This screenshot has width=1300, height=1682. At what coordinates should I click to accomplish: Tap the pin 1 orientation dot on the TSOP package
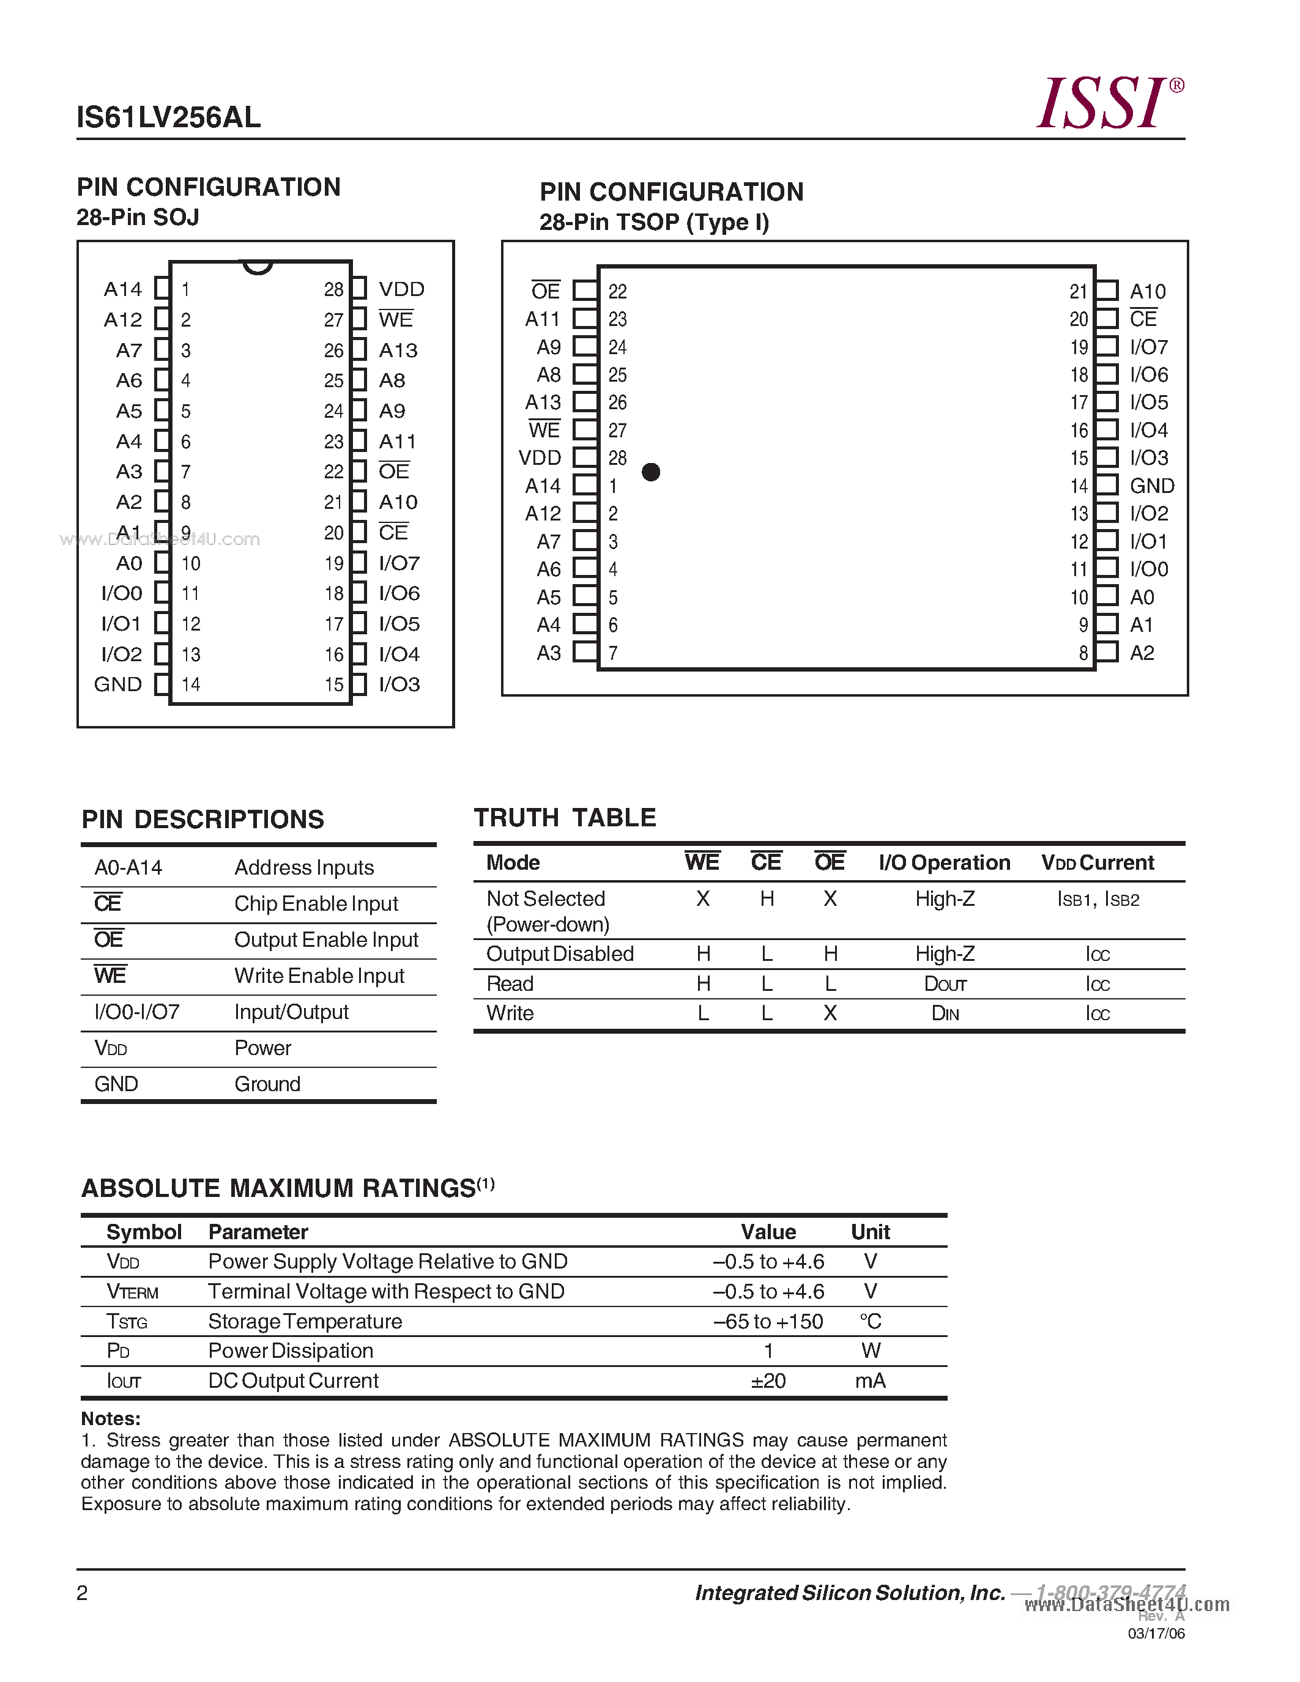(x=651, y=472)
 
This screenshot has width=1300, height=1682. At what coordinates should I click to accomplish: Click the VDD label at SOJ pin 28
(x=401, y=289)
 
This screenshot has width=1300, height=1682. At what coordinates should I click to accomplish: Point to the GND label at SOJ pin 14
(x=118, y=684)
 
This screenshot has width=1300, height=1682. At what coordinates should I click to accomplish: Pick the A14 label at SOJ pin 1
(x=122, y=289)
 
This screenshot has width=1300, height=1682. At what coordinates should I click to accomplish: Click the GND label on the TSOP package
(x=1151, y=486)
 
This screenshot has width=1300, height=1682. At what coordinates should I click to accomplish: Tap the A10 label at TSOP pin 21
(x=1148, y=292)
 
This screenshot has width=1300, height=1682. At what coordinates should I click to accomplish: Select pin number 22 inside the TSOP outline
(x=618, y=292)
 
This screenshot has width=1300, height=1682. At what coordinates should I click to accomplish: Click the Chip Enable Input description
(x=316, y=903)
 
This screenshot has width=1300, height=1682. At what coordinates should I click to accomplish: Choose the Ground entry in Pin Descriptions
(x=267, y=1084)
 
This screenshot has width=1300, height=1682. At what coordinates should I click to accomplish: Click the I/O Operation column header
(x=944, y=862)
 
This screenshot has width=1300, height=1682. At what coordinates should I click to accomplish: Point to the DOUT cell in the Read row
(x=945, y=984)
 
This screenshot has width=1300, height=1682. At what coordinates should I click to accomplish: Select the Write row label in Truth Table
(x=510, y=1013)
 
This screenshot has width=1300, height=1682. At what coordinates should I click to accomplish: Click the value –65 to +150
(x=768, y=1322)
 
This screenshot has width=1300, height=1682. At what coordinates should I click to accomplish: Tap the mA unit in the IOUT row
(x=871, y=1381)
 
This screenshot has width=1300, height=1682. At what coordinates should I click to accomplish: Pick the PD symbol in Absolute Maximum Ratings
(x=118, y=1351)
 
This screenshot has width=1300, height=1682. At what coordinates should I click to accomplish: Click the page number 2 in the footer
(x=83, y=1593)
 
